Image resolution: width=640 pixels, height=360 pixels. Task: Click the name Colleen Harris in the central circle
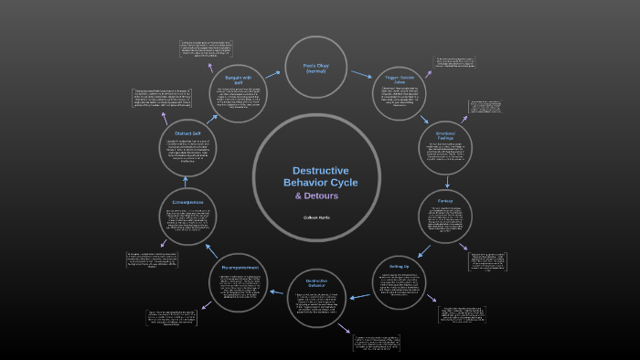pyautogui.click(x=316, y=217)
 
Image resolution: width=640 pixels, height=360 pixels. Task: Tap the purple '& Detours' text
pyautogui.click(x=316, y=196)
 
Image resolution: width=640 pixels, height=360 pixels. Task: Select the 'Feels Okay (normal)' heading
pyautogui.click(x=315, y=69)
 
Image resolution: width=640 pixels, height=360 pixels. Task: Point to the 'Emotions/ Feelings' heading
pyautogui.click(x=445, y=134)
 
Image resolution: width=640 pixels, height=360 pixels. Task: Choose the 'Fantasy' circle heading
pyautogui.click(x=444, y=200)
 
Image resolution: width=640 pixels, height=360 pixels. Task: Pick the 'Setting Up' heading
pyautogui.click(x=400, y=266)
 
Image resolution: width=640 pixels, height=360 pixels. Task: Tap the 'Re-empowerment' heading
pyautogui.click(x=240, y=267)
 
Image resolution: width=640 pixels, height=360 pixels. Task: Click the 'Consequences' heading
pyautogui.click(x=188, y=202)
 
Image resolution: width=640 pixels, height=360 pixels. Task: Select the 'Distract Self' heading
pyautogui.click(x=188, y=134)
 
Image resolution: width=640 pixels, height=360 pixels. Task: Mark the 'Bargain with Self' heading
pyautogui.click(x=239, y=80)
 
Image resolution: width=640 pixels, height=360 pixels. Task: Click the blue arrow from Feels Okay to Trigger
pyautogui.click(x=360, y=74)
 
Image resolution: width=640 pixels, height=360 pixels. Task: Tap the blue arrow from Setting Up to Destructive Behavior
pyautogui.click(x=359, y=295)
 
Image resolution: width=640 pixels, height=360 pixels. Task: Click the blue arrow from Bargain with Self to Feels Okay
pyautogui.click(x=272, y=74)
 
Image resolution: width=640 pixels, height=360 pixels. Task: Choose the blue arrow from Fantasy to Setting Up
pyautogui.click(x=424, y=248)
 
